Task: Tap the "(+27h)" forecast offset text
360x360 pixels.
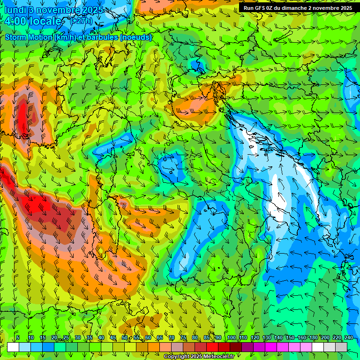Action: pos(82,21)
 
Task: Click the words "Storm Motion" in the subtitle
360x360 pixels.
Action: pos(29,37)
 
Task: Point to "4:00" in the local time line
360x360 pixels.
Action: pos(16,21)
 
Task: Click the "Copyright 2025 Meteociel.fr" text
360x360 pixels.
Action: pos(199,357)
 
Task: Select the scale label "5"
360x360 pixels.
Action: pos(18,337)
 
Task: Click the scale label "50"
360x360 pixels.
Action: pos(125,337)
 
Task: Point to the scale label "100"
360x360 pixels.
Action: pos(232,337)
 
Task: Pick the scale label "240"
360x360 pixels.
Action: pos(349,337)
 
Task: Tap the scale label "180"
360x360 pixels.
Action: pos(313,337)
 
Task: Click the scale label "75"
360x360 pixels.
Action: pos(183,337)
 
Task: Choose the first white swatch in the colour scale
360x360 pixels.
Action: pos(13,347)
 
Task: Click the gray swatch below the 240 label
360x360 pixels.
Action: pos(341,347)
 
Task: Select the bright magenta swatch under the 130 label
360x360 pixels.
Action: pos(271,347)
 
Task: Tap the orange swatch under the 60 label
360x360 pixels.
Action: pos(154,347)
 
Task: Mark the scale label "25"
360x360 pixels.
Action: pos(66,337)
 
